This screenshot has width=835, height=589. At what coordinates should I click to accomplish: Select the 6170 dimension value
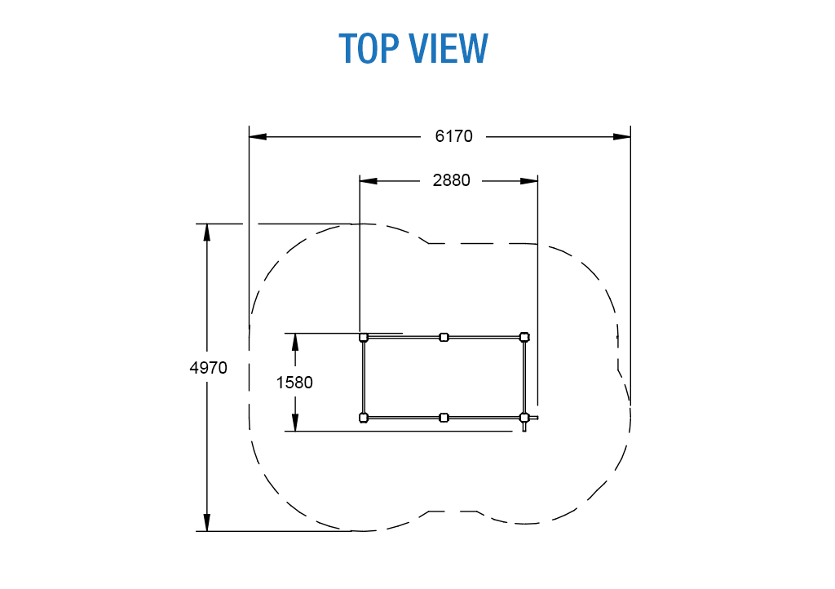(453, 136)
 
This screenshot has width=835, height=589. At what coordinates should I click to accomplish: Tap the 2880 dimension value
(451, 180)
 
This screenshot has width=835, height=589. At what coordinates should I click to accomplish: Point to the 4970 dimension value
(208, 367)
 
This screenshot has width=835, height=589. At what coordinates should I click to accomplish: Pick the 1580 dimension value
(294, 383)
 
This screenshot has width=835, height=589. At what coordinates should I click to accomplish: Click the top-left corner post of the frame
(364, 337)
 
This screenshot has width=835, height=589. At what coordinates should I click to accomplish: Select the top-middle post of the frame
(444, 337)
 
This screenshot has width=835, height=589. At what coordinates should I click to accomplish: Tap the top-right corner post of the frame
(524, 337)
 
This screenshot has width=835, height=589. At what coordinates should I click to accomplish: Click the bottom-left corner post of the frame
(364, 418)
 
